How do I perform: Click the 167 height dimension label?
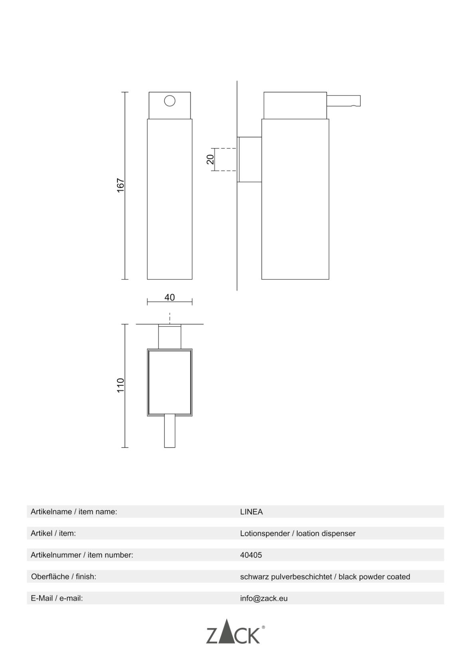(x=121, y=186)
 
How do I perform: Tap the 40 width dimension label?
(x=170, y=297)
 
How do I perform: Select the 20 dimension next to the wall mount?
(x=210, y=159)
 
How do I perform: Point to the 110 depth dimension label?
(x=121, y=385)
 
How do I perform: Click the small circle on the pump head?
(x=170, y=101)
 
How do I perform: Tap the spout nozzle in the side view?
(x=344, y=101)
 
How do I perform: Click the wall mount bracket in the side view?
(x=249, y=159)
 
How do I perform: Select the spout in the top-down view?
(x=170, y=430)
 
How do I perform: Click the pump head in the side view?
(x=295, y=105)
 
